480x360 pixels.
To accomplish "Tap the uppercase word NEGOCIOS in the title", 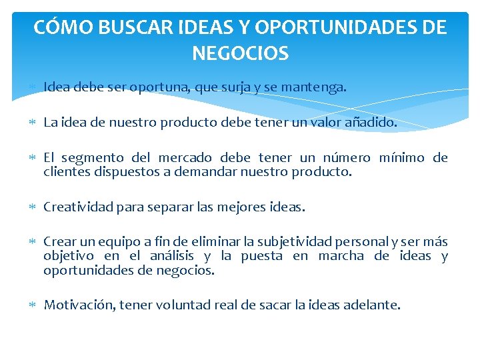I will (240, 53).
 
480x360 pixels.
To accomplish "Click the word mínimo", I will (401, 158).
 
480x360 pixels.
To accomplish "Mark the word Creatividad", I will (78, 207).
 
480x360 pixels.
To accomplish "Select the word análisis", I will (172, 256).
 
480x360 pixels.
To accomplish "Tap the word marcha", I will (341, 256).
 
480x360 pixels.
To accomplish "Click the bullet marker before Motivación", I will (33, 305).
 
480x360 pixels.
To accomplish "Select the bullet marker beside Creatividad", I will (33, 207).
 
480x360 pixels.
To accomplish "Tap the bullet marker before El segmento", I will (33, 158).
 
